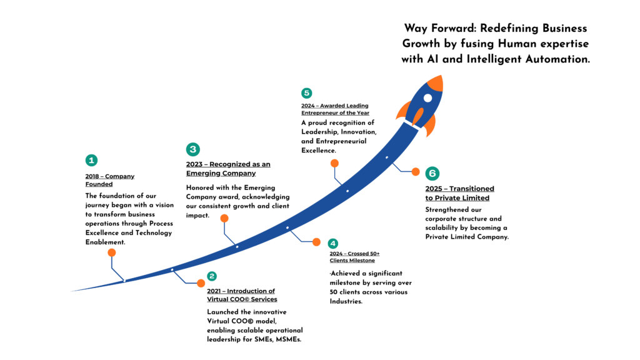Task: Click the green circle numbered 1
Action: coord(92,160)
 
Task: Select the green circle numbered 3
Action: coord(193,149)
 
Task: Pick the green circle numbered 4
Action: coord(333,243)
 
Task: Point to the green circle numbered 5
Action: coord(306,93)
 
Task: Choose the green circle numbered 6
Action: coord(432,173)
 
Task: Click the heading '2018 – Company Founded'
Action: coord(110,180)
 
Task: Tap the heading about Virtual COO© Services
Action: coord(241,295)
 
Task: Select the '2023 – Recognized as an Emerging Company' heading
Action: coord(228,169)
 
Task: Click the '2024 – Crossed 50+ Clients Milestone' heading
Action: coord(354,257)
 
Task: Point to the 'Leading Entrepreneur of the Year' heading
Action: coord(335,109)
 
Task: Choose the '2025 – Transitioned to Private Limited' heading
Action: coord(459,193)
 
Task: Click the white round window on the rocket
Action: coord(427,98)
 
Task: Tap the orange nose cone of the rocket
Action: coord(436,82)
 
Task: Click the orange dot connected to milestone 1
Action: coord(112,253)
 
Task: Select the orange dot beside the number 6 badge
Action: coord(415,171)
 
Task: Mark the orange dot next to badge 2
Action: coord(201,283)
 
